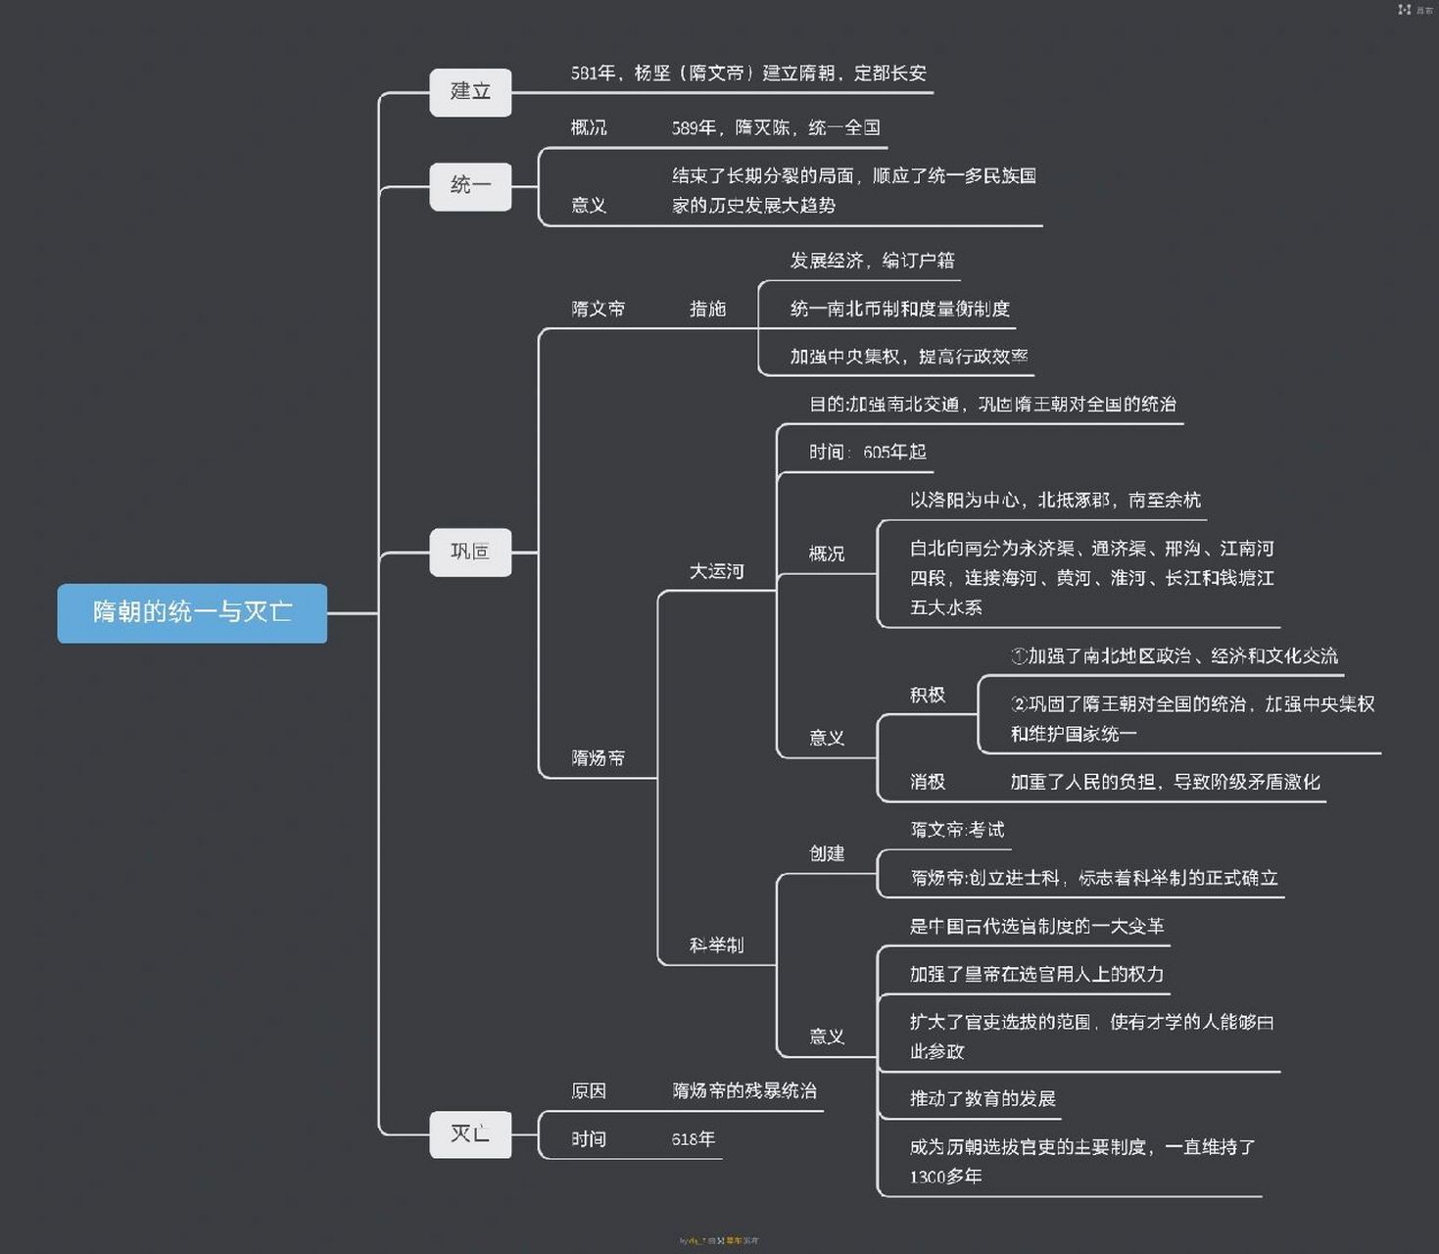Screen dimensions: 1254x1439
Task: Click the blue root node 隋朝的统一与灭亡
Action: pos(192,612)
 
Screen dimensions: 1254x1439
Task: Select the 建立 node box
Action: pos(470,92)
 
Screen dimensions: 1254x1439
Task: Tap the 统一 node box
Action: pos(470,185)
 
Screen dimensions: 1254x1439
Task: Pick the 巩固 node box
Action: pos(470,552)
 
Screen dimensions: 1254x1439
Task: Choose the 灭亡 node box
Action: pos(470,1134)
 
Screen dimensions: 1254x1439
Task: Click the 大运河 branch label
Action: pos(716,571)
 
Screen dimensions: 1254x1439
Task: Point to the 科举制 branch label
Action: pos(716,945)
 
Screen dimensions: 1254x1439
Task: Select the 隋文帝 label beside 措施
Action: pos(598,309)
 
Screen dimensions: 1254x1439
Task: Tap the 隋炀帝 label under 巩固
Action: pos(598,758)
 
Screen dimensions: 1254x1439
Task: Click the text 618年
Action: pos(694,1139)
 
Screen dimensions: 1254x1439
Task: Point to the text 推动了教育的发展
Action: pos(983,1098)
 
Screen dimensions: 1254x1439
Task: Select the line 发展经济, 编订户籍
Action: pos(872,261)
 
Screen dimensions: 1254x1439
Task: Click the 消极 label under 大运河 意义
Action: pos(927,782)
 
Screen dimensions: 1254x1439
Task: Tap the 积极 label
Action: pos(927,696)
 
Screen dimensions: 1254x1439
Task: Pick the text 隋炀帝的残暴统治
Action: pos(744,1091)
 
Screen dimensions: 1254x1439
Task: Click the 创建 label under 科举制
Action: pos(827,853)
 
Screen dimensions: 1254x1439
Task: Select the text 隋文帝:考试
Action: pos(957,830)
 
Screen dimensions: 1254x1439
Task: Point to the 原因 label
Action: pos(589,1091)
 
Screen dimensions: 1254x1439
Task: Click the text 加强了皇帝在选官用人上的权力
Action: pos(1036,974)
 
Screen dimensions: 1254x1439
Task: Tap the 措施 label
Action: pos(707,309)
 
